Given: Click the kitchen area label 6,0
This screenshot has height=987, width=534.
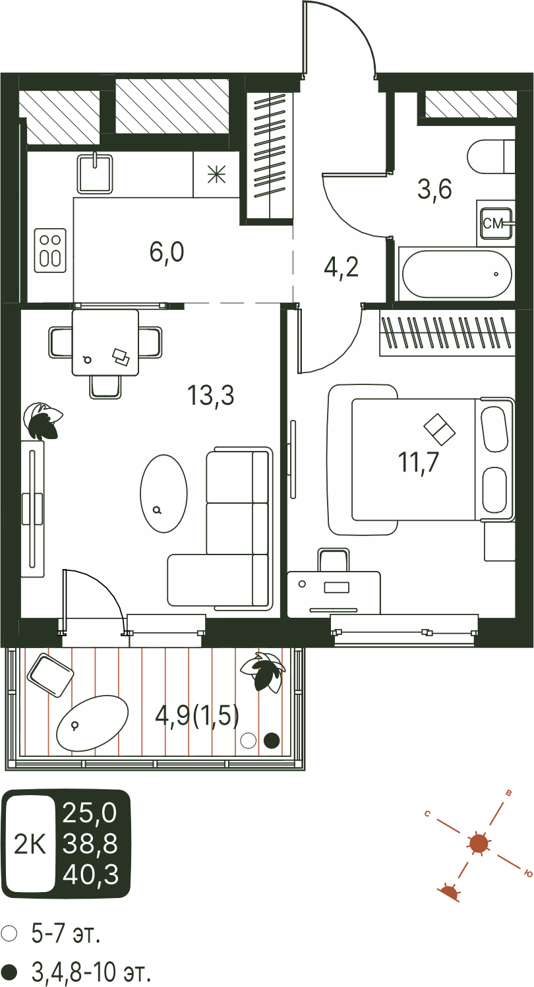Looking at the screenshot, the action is [x=167, y=253].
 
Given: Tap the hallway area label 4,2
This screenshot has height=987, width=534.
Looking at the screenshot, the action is [x=341, y=268].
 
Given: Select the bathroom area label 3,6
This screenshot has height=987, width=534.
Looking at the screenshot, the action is [x=434, y=189].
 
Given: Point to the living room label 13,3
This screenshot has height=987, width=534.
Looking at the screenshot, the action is [x=210, y=395].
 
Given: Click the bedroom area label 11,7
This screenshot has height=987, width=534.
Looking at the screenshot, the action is [x=418, y=463].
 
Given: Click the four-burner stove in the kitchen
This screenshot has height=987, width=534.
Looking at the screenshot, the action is [x=50, y=251].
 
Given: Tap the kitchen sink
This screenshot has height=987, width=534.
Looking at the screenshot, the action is [x=95, y=173].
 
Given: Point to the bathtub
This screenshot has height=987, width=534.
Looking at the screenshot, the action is [x=456, y=274].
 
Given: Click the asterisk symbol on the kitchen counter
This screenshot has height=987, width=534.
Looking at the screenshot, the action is [x=216, y=175].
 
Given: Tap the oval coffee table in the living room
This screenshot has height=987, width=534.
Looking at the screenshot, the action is [x=163, y=493].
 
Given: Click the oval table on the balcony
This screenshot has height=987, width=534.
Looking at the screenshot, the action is [x=92, y=723].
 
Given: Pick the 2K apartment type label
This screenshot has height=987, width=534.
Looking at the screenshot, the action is [x=30, y=844].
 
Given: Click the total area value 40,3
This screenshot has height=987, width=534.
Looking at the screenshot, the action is [x=91, y=875].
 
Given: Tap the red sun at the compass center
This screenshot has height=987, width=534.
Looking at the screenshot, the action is [x=478, y=843].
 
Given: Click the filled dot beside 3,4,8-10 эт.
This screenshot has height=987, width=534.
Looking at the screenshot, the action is [x=9, y=971].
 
